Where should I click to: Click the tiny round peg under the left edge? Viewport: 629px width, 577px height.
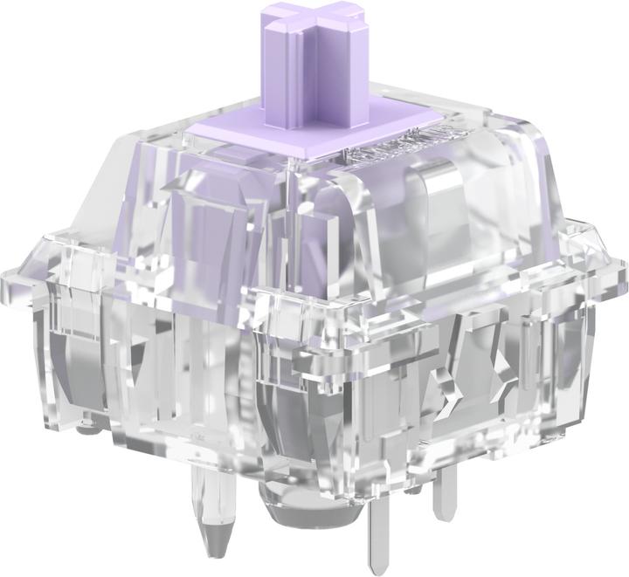pos(85,428)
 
